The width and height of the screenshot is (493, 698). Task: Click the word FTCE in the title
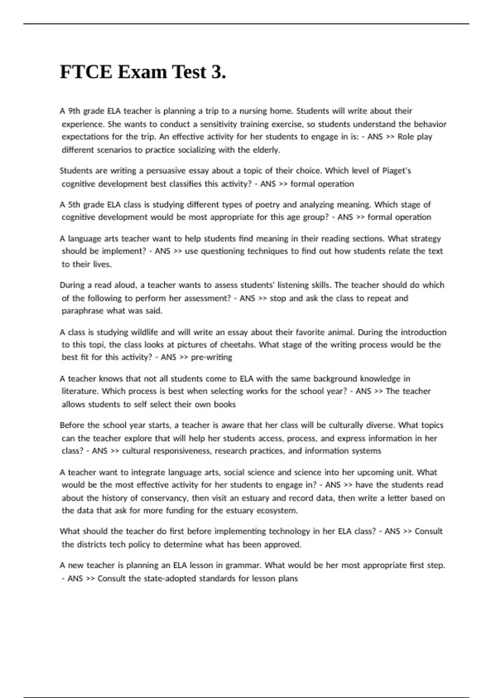coord(86,72)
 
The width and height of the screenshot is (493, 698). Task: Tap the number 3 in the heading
coord(219,72)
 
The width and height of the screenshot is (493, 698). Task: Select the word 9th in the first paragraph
coord(74,111)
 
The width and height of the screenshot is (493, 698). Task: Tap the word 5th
coord(74,204)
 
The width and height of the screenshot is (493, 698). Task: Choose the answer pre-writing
coord(212,357)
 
